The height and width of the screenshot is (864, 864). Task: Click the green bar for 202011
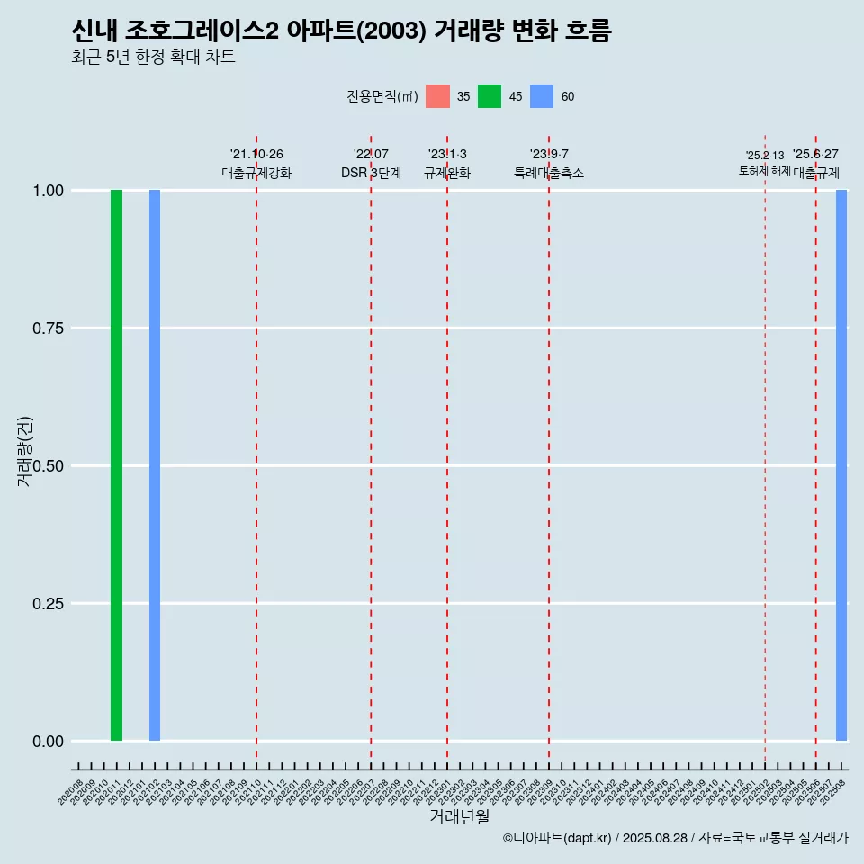pos(116,465)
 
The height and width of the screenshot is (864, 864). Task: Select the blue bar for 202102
pos(155,465)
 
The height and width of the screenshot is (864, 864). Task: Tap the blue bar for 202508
pos(841,465)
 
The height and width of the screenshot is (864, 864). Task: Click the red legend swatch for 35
pos(437,96)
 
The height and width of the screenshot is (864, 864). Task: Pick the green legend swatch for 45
pos(490,96)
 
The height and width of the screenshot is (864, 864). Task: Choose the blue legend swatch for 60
pos(542,96)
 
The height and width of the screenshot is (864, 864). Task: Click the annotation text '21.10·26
pos(256,155)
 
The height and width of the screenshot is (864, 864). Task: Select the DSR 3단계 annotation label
pos(371,173)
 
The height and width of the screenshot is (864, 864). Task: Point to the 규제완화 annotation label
pos(447,173)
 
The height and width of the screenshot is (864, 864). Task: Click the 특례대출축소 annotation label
pos(549,173)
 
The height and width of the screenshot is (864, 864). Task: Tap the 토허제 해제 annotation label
pos(764,170)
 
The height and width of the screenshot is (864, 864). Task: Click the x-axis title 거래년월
pos(460,817)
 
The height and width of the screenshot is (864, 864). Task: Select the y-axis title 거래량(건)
pos(25,452)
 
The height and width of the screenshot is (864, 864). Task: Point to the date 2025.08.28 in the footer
pos(654,838)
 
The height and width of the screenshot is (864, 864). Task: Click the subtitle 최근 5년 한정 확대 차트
pos(153,58)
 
